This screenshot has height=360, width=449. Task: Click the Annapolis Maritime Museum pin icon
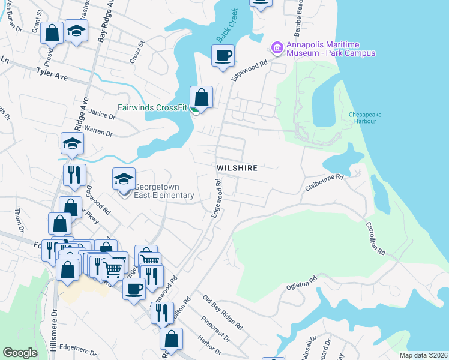[277, 46]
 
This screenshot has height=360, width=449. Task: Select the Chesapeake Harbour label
[362, 118]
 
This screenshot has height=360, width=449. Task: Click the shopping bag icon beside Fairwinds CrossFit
[201, 97]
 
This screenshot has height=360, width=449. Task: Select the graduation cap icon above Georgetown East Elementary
[124, 179]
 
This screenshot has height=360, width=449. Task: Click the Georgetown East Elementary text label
[163, 191]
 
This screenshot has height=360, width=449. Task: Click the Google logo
[20, 353]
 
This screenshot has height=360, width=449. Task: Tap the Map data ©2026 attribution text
[423, 355]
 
